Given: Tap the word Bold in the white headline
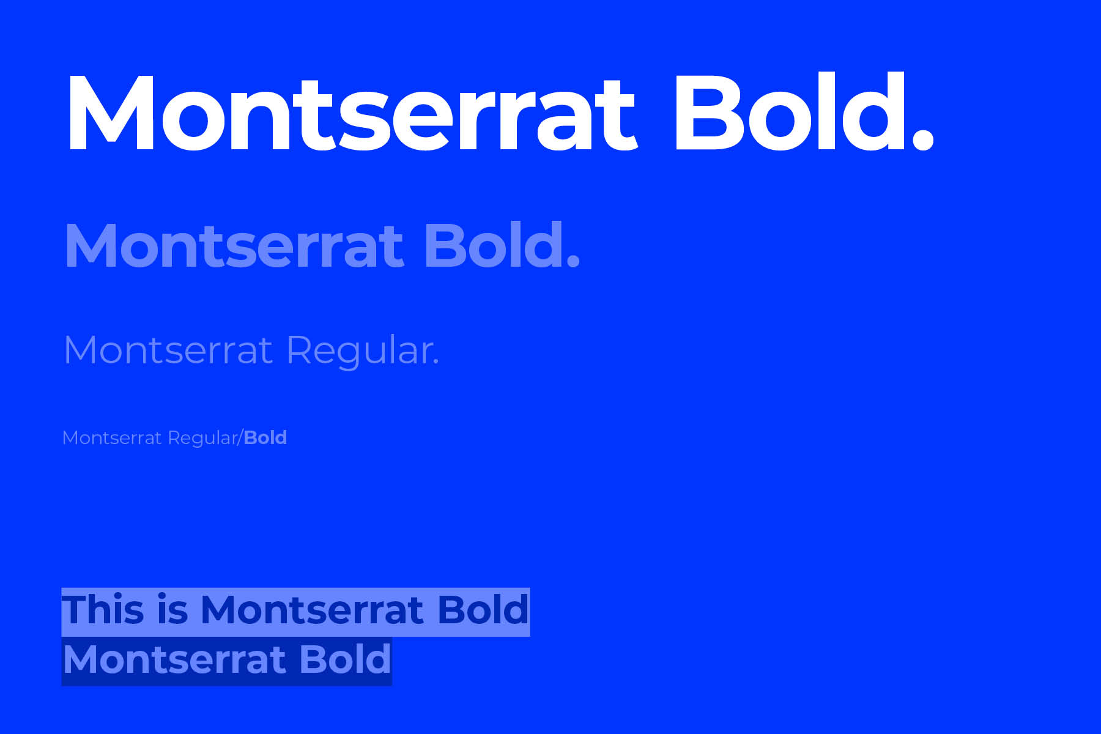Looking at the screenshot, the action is (x=789, y=111).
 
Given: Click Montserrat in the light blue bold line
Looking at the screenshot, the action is (x=234, y=246).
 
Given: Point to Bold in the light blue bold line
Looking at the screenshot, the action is (x=493, y=245).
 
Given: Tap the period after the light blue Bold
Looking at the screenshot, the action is (x=573, y=261).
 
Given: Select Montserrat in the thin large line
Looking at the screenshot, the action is (x=168, y=350).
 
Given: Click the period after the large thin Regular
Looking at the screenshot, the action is (x=436, y=363).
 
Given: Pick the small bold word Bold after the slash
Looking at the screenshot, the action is (x=265, y=438).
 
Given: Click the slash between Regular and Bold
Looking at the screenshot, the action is (x=240, y=438).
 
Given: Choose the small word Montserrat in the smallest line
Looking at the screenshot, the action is (x=112, y=438).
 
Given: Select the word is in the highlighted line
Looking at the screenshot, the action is (x=172, y=610).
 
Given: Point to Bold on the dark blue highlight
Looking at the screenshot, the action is (x=345, y=659).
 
